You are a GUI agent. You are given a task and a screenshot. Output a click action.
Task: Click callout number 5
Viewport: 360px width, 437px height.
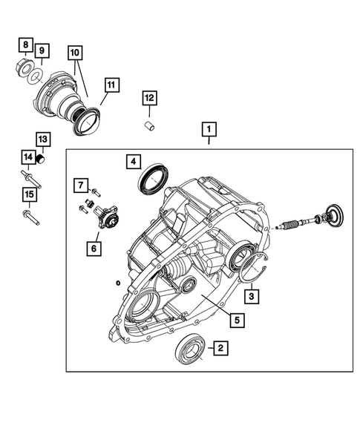235,321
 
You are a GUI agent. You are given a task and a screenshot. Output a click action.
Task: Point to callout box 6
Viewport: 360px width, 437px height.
95,249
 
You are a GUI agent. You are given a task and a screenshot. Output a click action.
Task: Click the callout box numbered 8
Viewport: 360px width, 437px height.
25,45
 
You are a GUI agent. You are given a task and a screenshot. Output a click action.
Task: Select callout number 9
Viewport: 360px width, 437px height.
42,51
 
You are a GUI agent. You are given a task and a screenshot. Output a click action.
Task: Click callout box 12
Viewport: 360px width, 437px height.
150,98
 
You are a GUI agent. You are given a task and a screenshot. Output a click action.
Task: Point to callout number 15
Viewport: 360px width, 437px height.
27,195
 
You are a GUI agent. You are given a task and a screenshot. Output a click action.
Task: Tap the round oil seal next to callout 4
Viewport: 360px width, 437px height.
154,180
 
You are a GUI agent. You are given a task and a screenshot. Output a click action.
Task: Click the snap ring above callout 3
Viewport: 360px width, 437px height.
257,267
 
